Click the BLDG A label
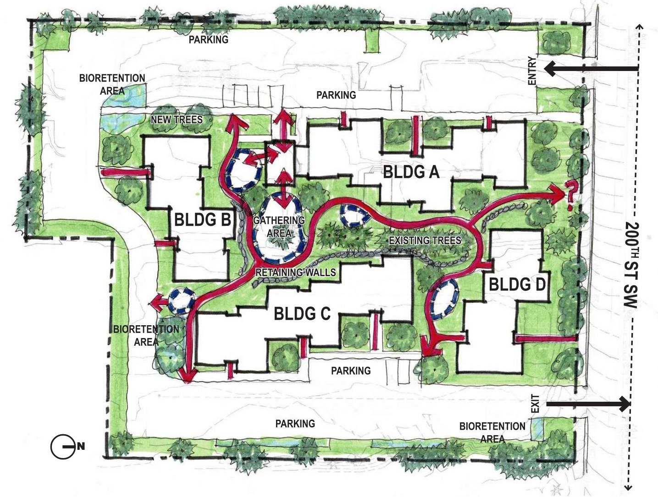click(411, 172)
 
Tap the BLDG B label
click(202, 220)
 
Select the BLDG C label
click(302, 314)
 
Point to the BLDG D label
click(517, 284)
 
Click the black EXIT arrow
click(589, 404)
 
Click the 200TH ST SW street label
click(631, 265)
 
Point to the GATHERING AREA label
click(279, 227)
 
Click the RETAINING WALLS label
click(295, 273)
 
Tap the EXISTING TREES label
click(425, 240)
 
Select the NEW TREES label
click(177, 120)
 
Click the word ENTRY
click(532, 71)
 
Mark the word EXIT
click(535, 404)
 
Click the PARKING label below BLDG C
click(351, 371)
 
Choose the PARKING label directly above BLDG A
click(336, 95)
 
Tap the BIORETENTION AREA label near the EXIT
click(492, 432)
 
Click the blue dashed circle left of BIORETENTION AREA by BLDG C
click(181, 300)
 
